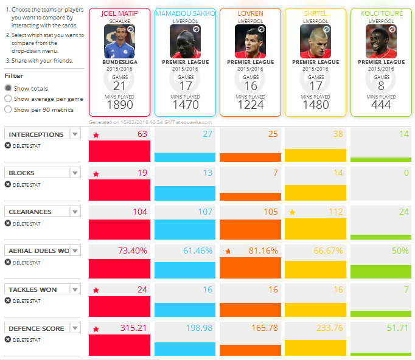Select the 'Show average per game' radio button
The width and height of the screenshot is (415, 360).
coord(8,99)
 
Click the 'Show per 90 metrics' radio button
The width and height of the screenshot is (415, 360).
coord(8,109)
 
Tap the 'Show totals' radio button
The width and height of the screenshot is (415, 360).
coord(8,88)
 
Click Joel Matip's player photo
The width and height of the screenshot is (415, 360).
coord(119,41)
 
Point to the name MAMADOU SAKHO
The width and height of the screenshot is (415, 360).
coord(184,13)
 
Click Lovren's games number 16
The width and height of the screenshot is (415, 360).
coord(249,86)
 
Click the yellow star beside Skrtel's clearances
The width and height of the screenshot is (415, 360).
coord(292,212)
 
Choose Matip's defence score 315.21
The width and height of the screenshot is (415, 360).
coord(133,328)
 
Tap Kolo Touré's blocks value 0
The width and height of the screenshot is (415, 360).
coord(406,173)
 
